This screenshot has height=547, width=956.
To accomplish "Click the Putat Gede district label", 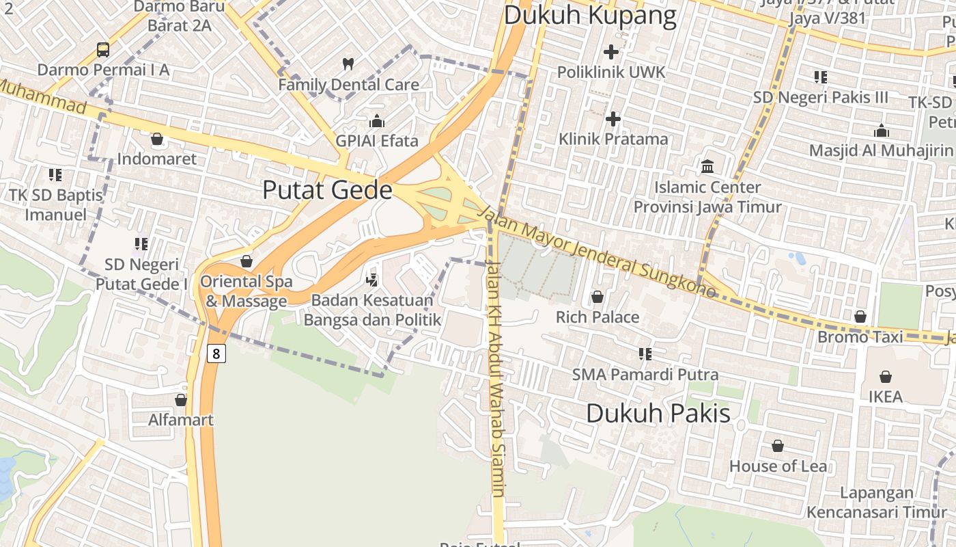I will [x=327, y=190].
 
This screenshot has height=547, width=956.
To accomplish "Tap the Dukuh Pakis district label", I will [x=658, y=413].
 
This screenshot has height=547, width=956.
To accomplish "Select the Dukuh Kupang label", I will [x=590, y=15].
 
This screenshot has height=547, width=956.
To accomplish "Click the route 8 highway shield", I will [x=216, y=353].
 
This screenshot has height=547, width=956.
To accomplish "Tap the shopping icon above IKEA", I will [x=886, y=377].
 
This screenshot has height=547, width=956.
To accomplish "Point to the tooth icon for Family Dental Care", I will [x=348, y=64].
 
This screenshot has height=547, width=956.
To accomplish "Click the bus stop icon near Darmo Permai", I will [x=103, y=49].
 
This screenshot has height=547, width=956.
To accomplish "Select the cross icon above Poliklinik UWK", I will [x=611, y=51].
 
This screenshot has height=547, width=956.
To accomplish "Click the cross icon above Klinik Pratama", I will [x=613, y=119].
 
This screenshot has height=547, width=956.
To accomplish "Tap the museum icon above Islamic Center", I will [x=707, y=166].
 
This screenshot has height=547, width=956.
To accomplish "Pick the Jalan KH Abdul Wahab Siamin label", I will [x=496, y=379].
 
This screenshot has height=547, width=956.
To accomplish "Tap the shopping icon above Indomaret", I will [x=157, y=139].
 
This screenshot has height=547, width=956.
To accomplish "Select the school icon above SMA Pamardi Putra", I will [x=645, y=353].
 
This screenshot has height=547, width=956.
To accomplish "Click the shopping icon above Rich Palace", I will [x=597, y=297].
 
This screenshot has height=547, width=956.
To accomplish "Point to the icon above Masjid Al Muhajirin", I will [x=882, y=131].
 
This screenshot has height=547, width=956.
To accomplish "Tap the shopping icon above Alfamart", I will [x=181, y=399].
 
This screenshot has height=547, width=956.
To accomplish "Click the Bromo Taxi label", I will [x=860, y=336].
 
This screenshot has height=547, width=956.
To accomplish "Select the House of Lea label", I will [x=778, y=466].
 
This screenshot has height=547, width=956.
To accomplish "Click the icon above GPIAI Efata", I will [x=376, y=122].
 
